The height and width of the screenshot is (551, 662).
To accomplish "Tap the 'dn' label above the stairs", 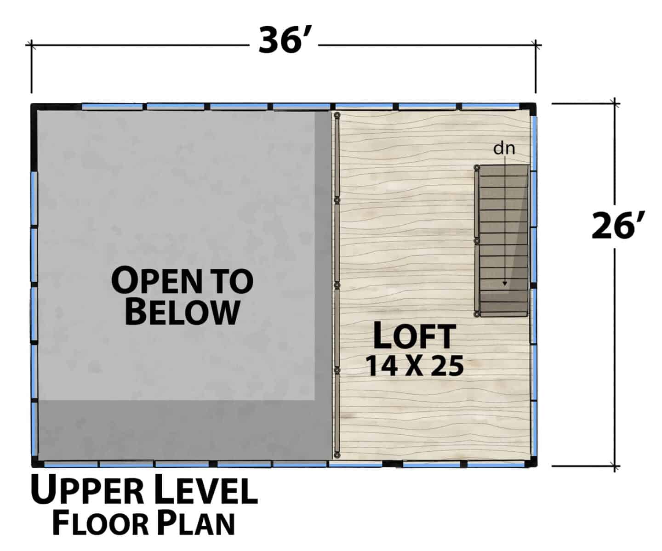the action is click(504, 148).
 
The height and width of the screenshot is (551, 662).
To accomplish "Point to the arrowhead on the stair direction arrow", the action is click(505, 284).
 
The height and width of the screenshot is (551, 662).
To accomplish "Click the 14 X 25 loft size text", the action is click(415, 365).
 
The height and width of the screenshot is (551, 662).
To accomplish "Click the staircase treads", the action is click(504, 240).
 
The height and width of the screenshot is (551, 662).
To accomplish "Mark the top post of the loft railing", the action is click(337, 115).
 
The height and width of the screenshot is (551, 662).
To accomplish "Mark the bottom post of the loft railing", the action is click(337, 455).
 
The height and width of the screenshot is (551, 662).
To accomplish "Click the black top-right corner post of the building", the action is click(528, 108).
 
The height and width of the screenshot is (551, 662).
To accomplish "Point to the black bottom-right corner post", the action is click(531, 463).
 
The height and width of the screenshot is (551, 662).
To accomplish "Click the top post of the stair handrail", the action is click(477, 167).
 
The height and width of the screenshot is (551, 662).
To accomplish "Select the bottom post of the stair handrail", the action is click(477, 314).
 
